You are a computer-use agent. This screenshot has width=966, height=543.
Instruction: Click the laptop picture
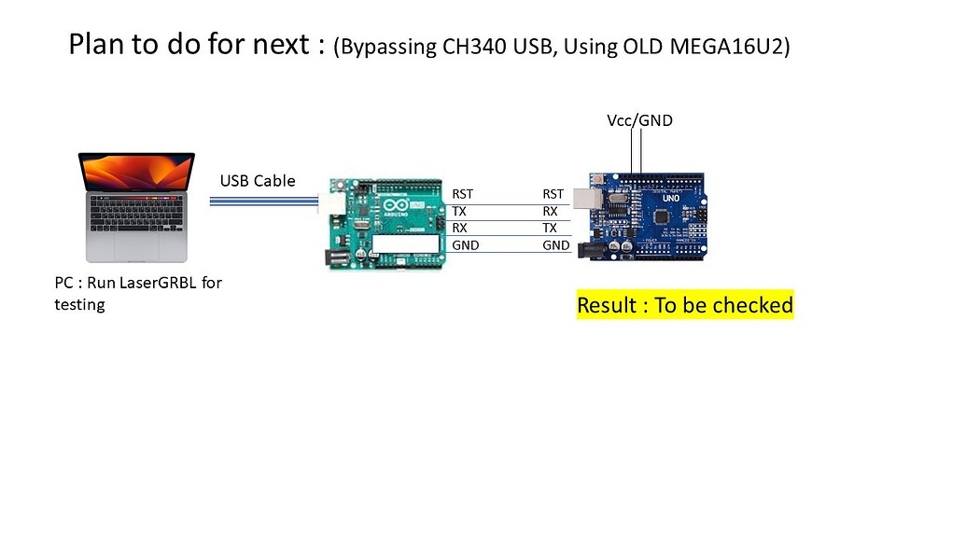pyautogui.click(x=136, y=207)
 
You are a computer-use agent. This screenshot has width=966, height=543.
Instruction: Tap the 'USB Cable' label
pyautogui.click(x=258, y=181)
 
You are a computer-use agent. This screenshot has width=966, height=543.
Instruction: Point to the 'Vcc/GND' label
pyautogui.click(x=639, y=120)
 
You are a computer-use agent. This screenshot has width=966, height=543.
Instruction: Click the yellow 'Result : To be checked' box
pyautogui.click(x=685, y=305)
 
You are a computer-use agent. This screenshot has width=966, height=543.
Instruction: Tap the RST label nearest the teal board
pyautogui.click(x=462, y=194)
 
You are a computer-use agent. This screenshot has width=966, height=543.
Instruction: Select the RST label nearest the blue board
pyautogui.click(x=553, y=194)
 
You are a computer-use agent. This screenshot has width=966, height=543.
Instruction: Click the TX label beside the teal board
pyautogui.click(x=459, y=211)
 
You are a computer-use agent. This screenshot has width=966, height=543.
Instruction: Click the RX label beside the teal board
pyautogui.click(x=459, y=228)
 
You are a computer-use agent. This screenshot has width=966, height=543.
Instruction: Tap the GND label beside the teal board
pyautogui.click(x=465, y=245)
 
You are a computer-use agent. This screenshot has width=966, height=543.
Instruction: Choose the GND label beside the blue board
pyautogui.click(x=556, y=245)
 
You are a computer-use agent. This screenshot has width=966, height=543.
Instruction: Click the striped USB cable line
pyautogui.click(x=261, y=200)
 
